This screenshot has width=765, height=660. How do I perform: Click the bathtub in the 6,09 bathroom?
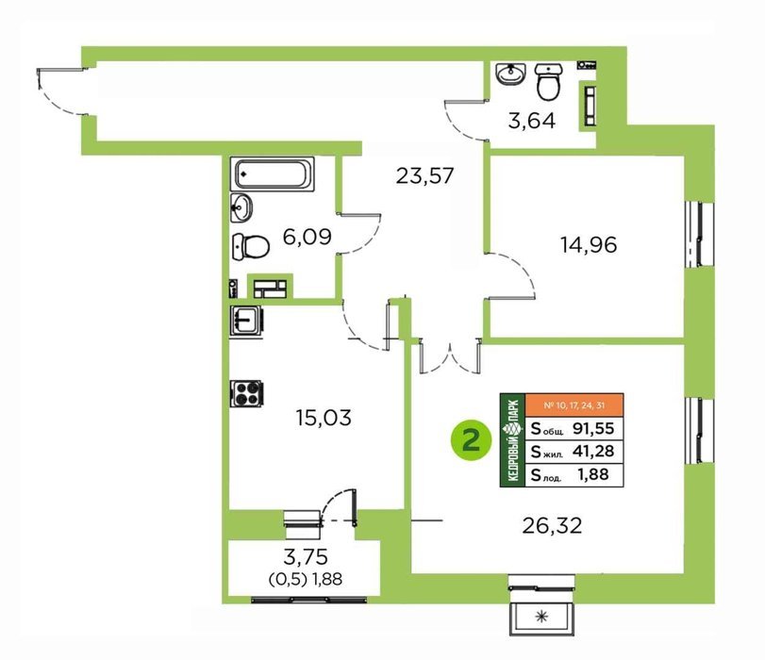click(x=273, y=173)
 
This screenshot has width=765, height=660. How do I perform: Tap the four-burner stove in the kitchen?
click(x=247, y=394)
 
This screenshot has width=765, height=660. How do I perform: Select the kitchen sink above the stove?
click(x=246, y=321)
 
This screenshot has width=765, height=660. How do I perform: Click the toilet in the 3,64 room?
click(x=549, y=81)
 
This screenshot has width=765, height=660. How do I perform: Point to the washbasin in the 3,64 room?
click(x=511, y=74)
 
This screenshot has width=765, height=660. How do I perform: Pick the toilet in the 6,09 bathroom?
click(x=251, y=246)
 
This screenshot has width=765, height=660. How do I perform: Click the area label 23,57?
click(x=424, y=175)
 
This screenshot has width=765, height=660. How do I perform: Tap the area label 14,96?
click(x=589, y=245)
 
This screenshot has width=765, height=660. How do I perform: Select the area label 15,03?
click(x=324, y=418)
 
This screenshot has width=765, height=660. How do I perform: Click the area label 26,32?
click(x=552, y=526)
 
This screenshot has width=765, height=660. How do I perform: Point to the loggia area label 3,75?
click(x=306, y=556)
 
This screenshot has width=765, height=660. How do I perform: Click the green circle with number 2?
click(x=471, y=441)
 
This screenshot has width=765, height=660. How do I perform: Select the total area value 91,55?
click(x=593, y=428)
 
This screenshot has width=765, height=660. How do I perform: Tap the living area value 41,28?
click(x=593, y=451)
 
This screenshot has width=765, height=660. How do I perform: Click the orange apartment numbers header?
click(x=574, y=405)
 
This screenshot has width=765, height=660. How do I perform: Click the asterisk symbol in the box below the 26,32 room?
click(x=541, y=617)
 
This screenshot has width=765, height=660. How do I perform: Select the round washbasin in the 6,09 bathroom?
click(x=241, y=207)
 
